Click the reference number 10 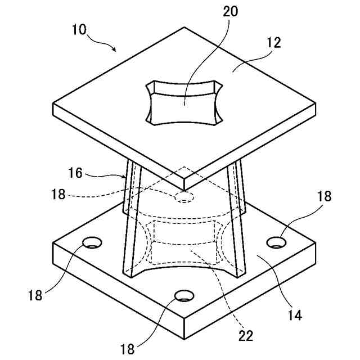79,29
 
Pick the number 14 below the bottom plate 295,314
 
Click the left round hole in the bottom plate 92,243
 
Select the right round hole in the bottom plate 276,242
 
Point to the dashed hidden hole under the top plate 184,197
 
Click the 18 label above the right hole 324,196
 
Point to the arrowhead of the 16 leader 126,177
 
